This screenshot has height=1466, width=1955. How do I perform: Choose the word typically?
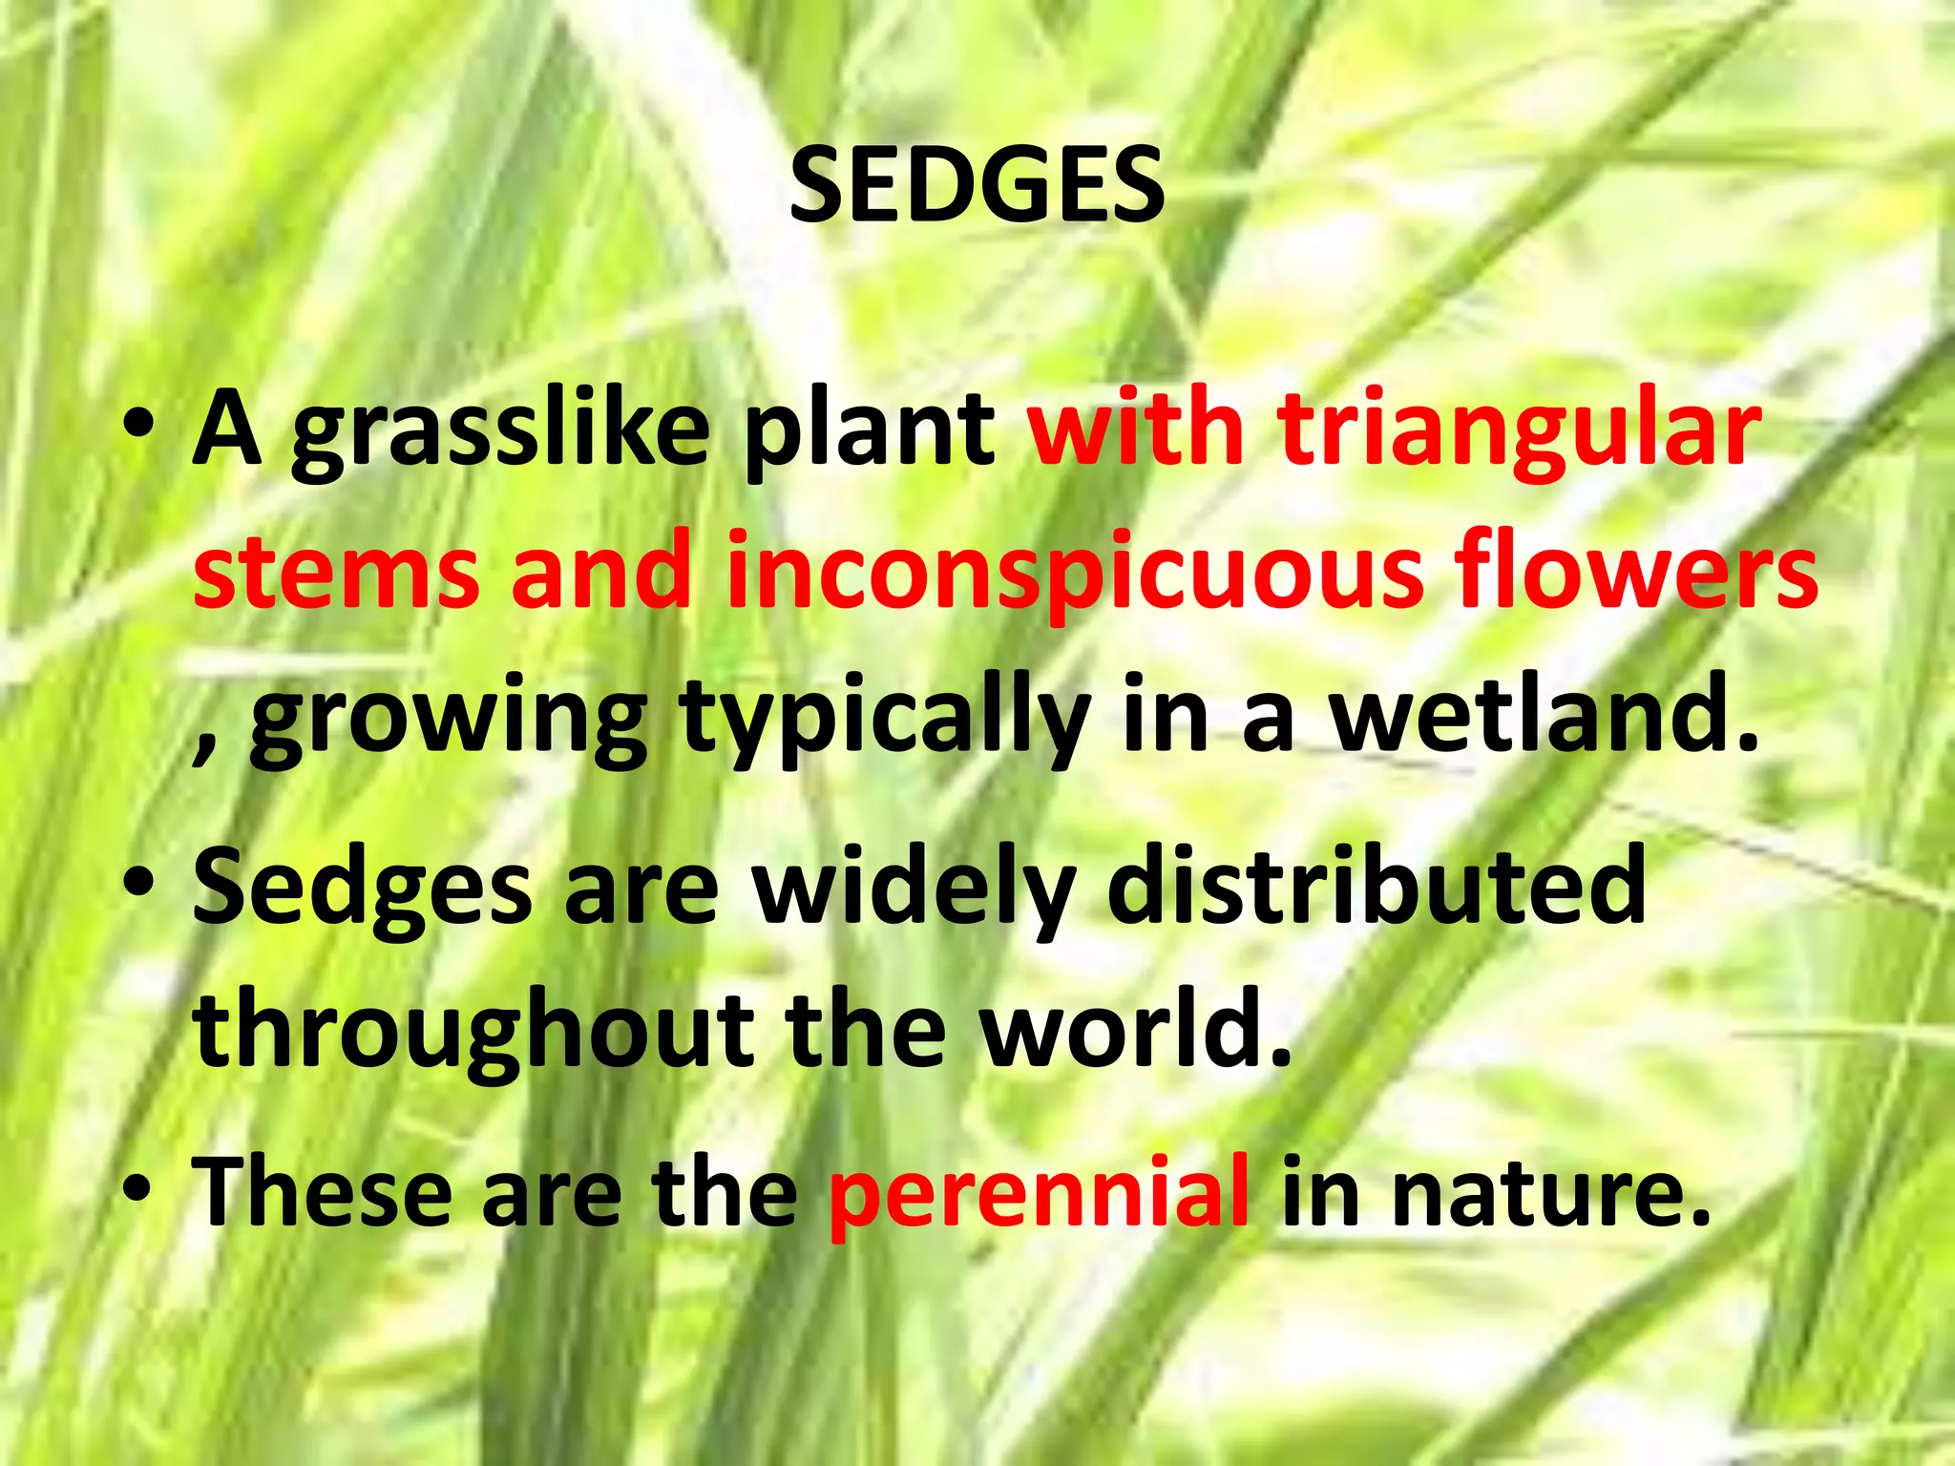pyautogui.click(x=884, y=721)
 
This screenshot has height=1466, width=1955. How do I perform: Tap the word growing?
pyautogui.click(x=448, y=721)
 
